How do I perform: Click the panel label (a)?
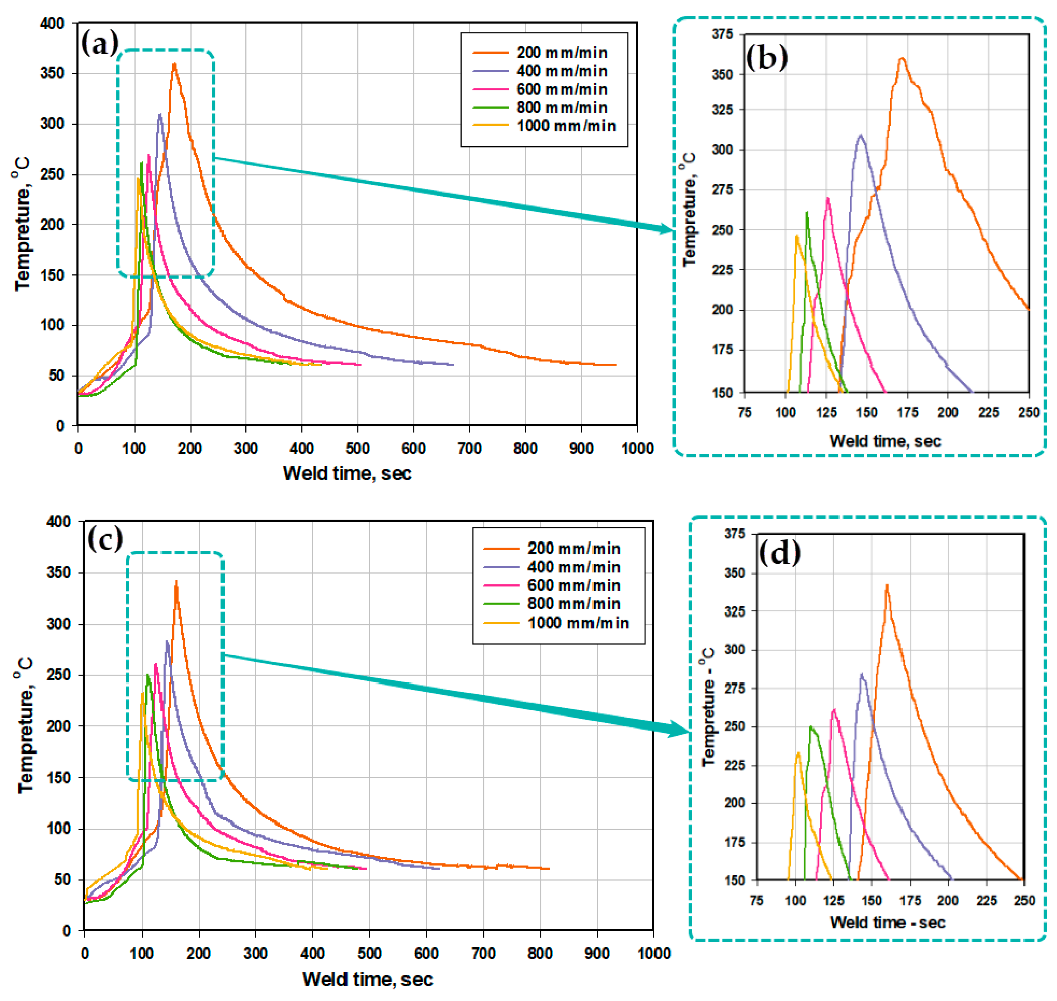point(99,43)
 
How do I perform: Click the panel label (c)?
point(105,539)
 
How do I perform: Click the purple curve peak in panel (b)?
point(860,135)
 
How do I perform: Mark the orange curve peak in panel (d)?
point(887,585)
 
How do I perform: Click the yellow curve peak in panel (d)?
point(798,752)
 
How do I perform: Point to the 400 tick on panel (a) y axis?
point(52,23)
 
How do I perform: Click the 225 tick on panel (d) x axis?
point(986,901)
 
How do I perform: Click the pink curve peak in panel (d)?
point(834,709)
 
